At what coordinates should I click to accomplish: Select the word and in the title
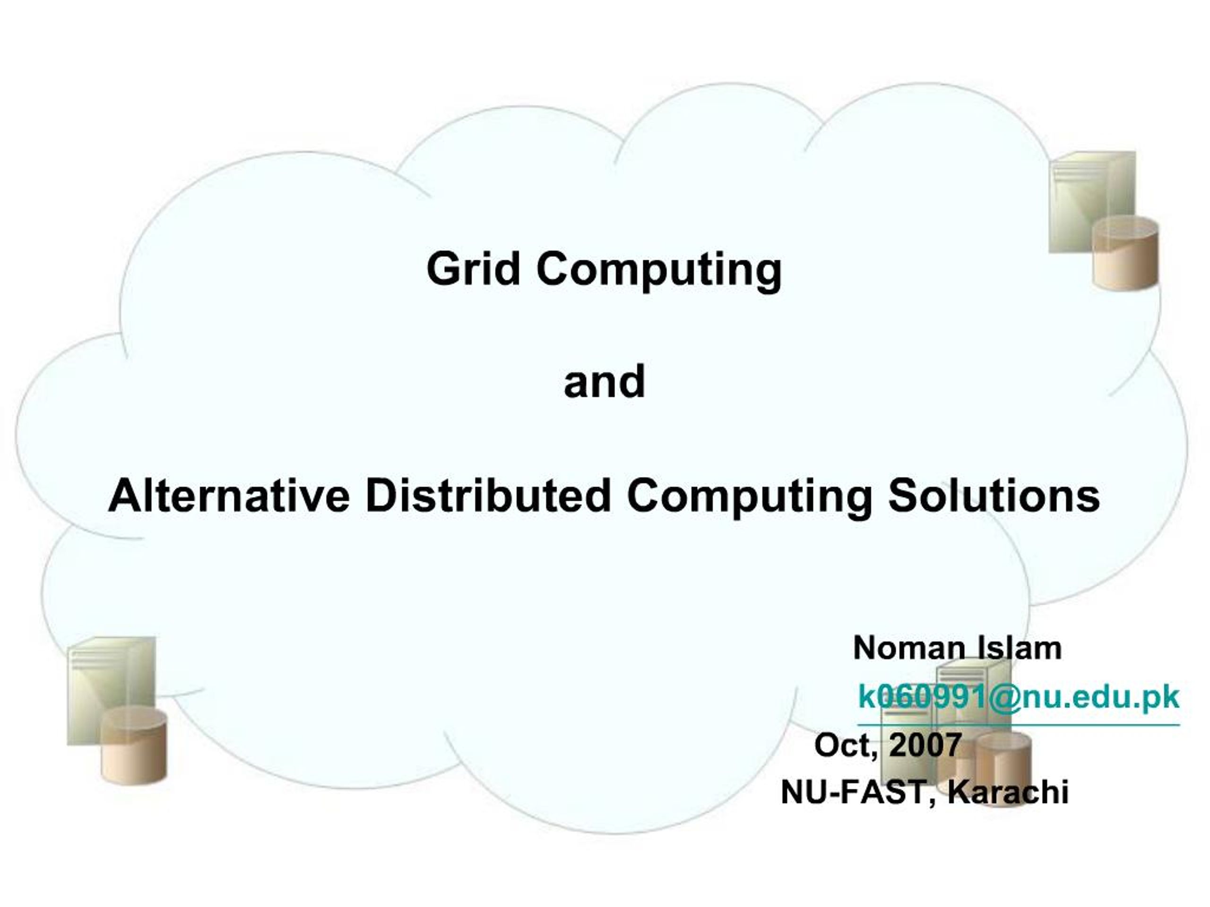(x=605, y=381)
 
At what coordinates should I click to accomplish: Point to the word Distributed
(x=488, y=496)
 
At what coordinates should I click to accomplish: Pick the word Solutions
(x=994, y=496)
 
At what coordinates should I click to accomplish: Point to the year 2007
(x=925, y=744)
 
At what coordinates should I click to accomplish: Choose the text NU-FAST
(x=852, y=792)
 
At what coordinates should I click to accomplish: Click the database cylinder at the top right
(x=1125, y=253)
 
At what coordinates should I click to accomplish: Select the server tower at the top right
(x=1092, y=202)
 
